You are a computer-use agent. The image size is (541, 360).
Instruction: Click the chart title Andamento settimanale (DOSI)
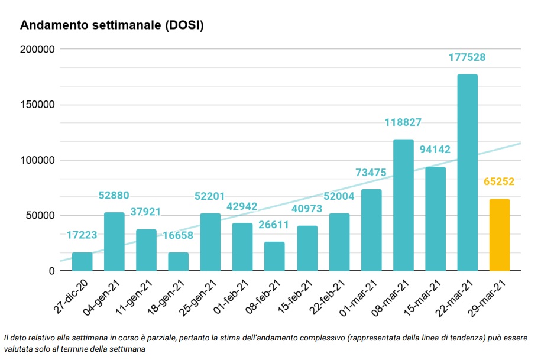point(112,26)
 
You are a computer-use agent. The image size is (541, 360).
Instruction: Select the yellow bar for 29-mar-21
point(500,235)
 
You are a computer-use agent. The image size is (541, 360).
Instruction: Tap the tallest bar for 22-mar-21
point(468,173)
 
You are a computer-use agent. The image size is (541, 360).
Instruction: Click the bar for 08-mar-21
point(403,205)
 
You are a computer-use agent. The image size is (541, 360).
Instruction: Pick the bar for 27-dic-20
point(82,261)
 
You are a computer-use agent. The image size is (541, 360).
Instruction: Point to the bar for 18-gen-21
point(179,261)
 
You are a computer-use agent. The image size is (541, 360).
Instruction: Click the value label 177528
point(467,57)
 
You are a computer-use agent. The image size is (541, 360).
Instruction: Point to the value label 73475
point(371,172)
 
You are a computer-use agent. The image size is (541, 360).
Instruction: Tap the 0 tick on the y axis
point(52,271)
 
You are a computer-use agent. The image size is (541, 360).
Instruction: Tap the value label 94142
point(435,150)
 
